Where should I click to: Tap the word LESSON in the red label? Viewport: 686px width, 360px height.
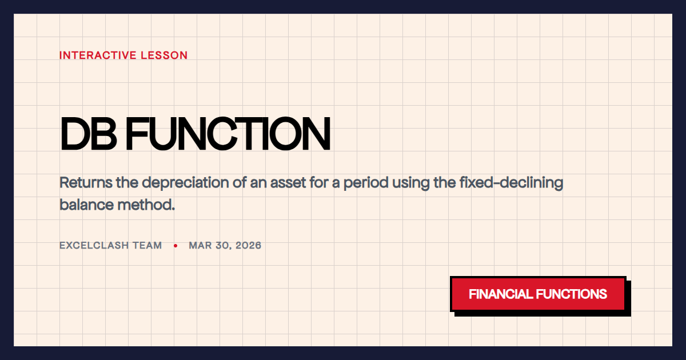[167, 55]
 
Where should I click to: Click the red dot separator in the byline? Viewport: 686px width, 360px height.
[176, 246]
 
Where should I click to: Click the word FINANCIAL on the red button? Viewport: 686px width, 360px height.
[501, 294]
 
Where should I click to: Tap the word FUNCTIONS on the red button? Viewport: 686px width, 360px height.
[572, 294]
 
